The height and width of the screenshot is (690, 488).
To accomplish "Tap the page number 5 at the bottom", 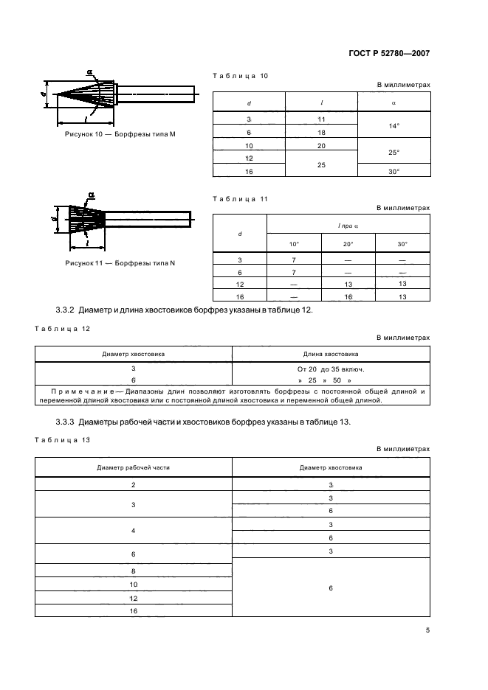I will tap(427, 630).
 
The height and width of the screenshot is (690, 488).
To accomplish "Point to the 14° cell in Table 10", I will tap(394, 126).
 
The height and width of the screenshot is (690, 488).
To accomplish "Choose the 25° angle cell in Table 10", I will tap(394, 152).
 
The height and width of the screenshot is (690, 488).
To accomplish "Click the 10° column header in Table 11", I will tap(294, 243).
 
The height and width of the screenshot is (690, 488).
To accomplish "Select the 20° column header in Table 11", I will tap(348, 243).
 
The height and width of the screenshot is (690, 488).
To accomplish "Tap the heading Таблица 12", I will tap(63, 330).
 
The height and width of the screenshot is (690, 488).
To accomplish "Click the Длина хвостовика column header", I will tap(331, 354).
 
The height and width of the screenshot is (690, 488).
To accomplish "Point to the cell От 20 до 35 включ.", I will tap(331, 368).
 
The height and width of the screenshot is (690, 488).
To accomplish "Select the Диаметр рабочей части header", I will tap(133, 467).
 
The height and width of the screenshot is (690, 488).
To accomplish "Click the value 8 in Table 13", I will tap(133, 571).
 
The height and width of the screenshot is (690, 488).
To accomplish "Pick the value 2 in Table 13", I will tap(133, 484).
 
